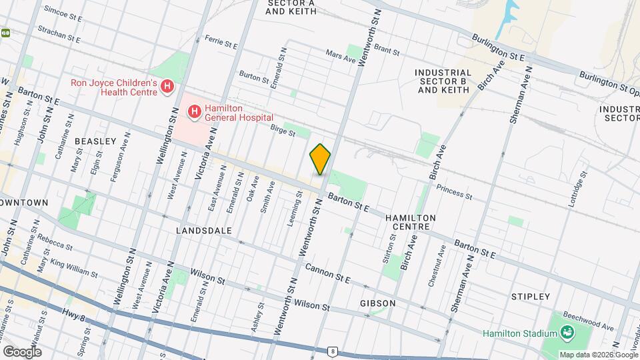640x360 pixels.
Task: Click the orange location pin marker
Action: [x=320, y=159]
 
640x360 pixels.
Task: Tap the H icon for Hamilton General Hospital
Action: [x=194, y=112]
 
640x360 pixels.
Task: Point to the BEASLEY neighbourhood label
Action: [x=95, y=141]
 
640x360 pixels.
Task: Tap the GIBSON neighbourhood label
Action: [x=378, y=303]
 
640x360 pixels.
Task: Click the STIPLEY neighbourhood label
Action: [x=531, y=296]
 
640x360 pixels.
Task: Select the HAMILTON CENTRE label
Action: [x=411, y=223]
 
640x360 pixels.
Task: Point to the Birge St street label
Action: [x=282, y=131]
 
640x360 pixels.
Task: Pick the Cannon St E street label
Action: [x=328, y=273]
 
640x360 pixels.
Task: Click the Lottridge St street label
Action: [x=577, y=190]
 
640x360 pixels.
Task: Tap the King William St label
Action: [x=72, y=268]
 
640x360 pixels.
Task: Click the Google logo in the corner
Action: [x=22, y=351]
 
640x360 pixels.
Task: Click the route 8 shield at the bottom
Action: [x=333, y=351]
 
